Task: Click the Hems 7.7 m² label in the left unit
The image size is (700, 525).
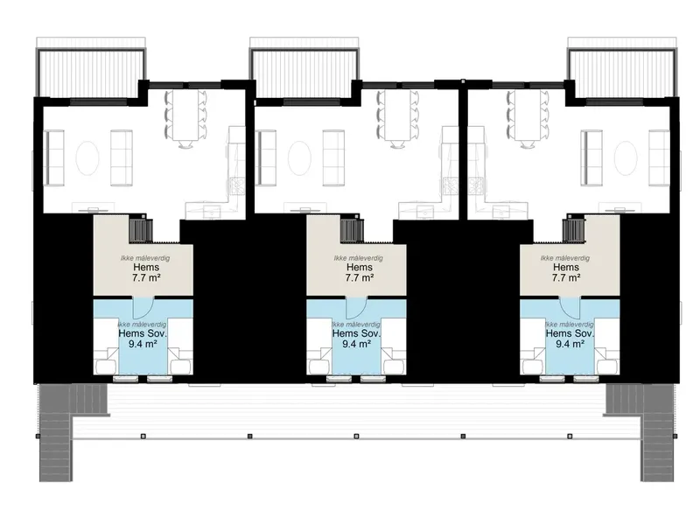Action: click(x=146, y=272)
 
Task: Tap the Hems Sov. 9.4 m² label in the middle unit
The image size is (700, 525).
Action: click(x=357, y=339)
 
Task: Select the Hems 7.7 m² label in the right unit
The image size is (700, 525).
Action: click(x=566, y=272)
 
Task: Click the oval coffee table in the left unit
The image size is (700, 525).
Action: click(x=87, y=158)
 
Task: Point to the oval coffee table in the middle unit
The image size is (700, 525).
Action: click(x=299, y=158)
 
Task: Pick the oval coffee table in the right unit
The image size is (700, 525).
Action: click(x=626, y=158)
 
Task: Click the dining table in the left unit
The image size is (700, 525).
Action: click(x=185, y=115)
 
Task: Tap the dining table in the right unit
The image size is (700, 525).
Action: click(x=528, y=115)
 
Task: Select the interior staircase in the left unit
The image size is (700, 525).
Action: click(x=141, y=228)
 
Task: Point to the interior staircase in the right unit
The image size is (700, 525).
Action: click(x=573, y=228)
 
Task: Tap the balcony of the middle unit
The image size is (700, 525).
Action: click(x=304, y=73)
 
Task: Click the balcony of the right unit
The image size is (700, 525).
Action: click(x=622, y=73)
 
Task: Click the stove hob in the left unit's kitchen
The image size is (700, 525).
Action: click(x=236, y=185)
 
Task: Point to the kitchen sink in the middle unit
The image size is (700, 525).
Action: click(x=423, y=211)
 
